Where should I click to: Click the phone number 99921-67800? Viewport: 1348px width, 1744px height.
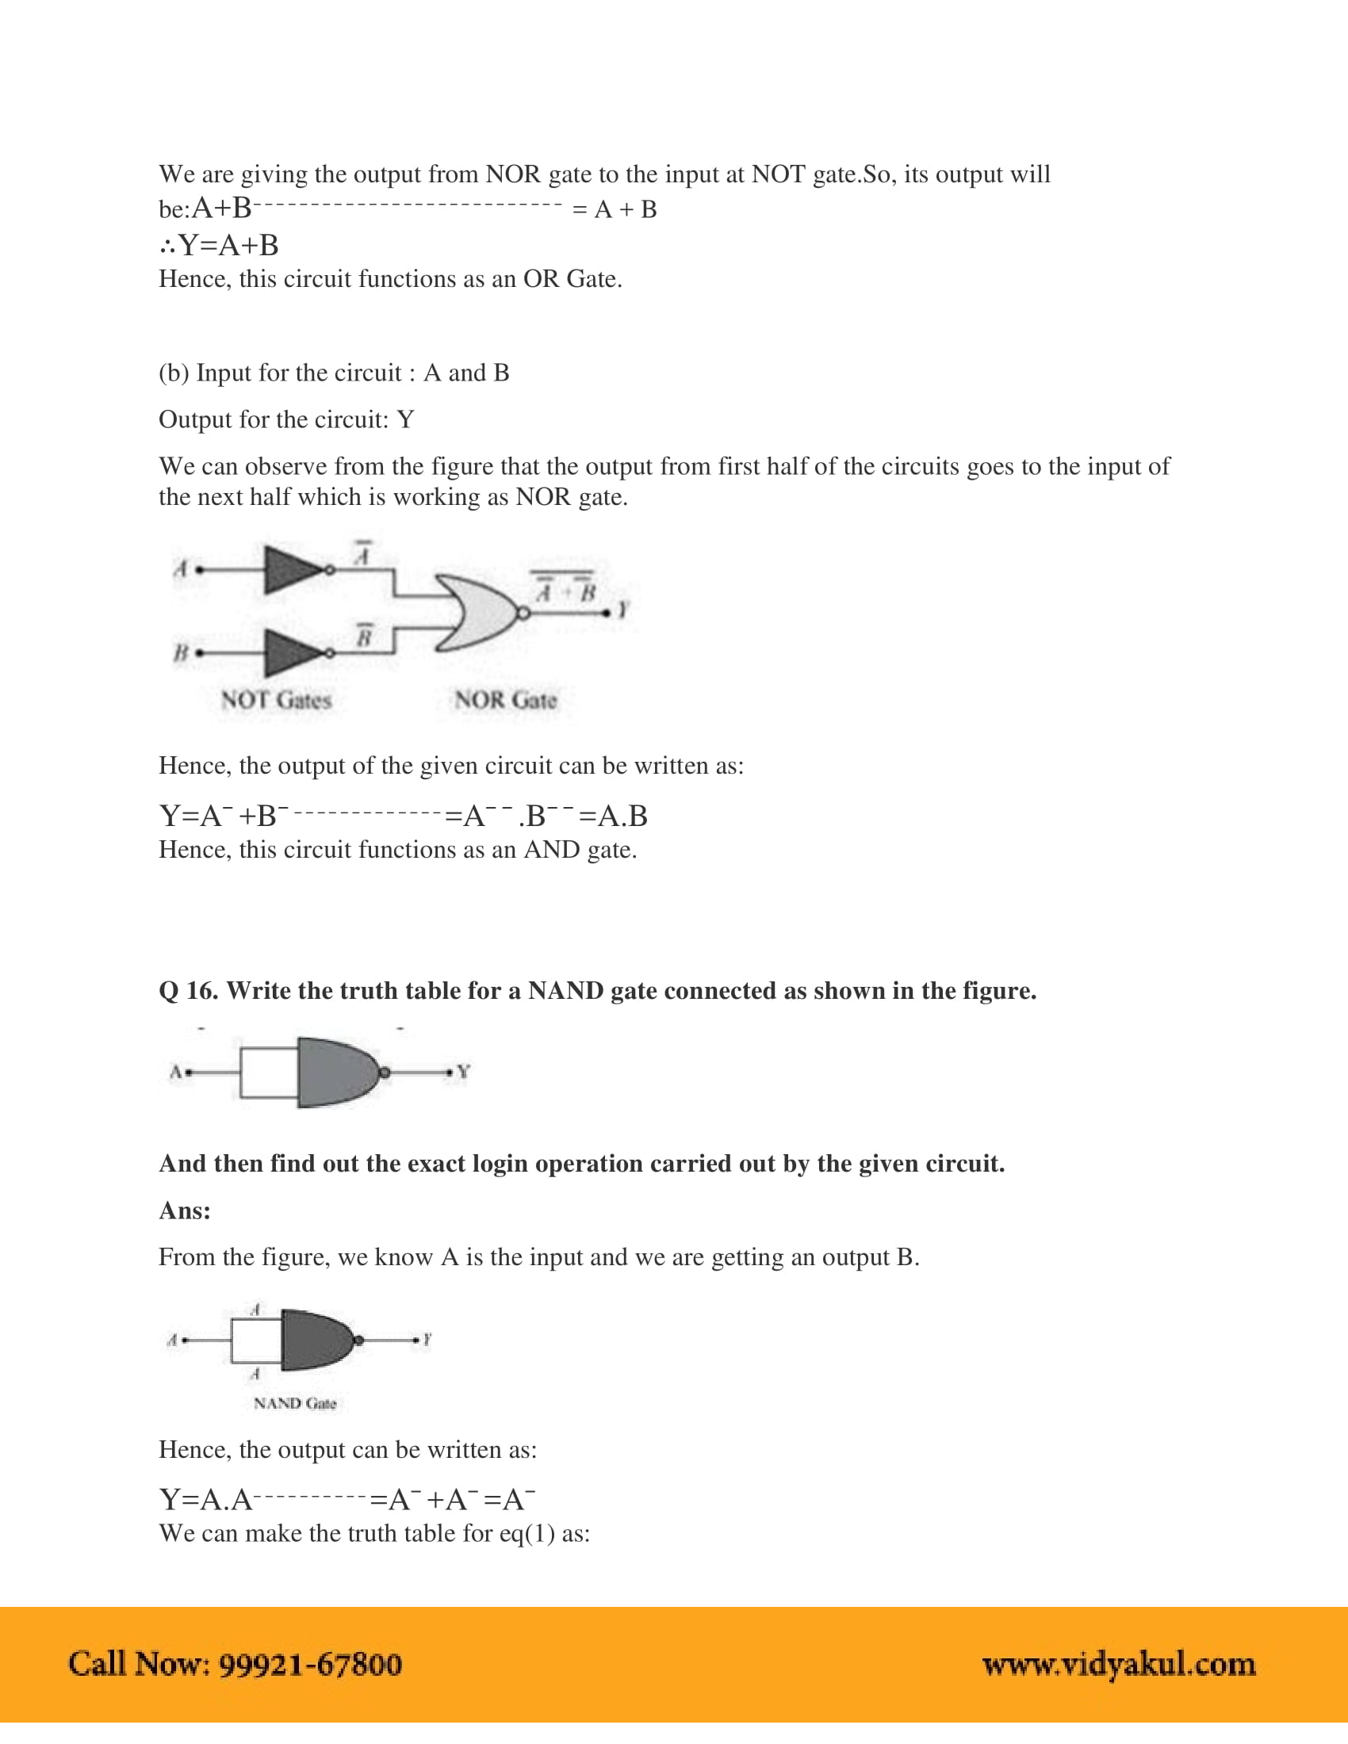pos(310,1665)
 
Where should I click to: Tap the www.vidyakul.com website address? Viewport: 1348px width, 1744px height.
pos(1118,1665)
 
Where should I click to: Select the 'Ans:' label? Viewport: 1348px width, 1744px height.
pos(185,1210)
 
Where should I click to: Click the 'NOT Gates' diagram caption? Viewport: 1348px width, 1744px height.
pos(275,700)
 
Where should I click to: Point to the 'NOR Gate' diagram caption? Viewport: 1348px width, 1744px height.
pos(506,700)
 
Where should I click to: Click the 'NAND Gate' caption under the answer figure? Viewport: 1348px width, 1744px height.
pos(295,1404)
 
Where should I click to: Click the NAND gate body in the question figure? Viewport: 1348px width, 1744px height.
pos(335,1072)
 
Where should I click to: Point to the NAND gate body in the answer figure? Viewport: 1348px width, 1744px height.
pos(316,1340)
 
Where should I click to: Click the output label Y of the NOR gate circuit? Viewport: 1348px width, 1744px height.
pos(624,611)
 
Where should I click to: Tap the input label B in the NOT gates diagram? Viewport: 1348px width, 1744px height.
pos(181,652)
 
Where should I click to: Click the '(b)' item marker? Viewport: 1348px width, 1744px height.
pos(174,373)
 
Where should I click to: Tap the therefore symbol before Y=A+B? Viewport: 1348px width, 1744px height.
pos(167,246)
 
